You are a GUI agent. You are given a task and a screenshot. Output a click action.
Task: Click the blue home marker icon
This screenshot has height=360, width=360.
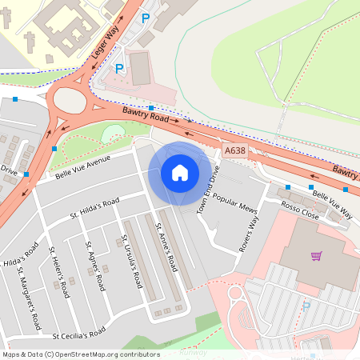point(180,172)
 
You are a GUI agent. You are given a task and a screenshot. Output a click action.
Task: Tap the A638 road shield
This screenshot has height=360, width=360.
point(235,150)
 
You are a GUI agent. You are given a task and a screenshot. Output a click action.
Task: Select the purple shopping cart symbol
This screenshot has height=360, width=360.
point(317,256)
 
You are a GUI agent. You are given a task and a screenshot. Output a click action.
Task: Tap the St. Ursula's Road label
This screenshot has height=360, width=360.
point(132,262)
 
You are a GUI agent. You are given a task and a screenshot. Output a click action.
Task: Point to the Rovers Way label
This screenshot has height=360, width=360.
point(249,234)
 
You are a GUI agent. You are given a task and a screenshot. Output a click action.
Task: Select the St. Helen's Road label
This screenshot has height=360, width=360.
point(60,272)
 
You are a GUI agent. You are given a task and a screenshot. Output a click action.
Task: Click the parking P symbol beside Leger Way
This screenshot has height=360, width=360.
point(119,69)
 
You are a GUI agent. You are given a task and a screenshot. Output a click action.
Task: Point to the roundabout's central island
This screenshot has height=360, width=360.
point(70,102)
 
